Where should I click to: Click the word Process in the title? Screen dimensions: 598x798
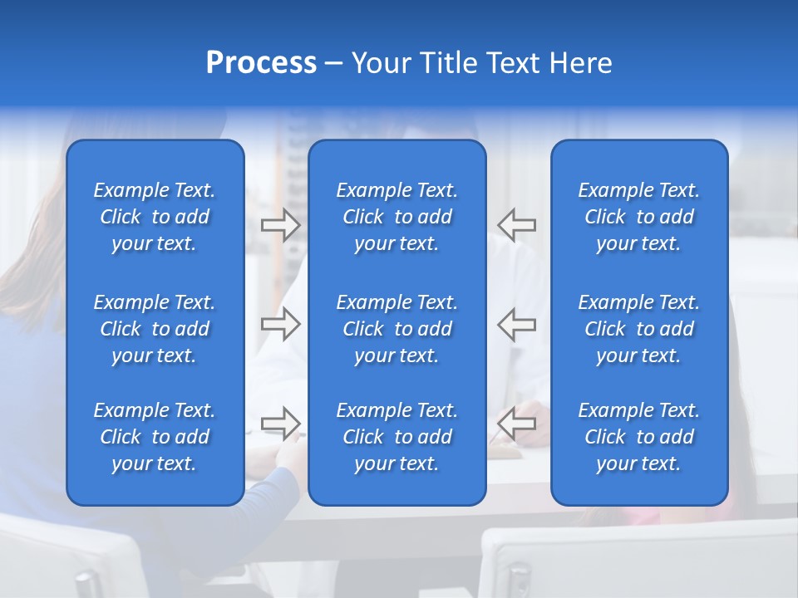coord(261,63)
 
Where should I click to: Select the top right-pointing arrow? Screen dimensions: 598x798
coord(280,225)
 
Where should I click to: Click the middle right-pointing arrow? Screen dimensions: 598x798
coord(280,324)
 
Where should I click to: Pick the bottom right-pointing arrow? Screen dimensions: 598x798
coord(280,424)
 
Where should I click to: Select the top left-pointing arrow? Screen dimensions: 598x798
coord(517,225)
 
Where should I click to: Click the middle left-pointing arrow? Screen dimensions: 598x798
coord(517,324)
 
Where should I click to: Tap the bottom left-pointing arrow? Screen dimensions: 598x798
coord(517,424)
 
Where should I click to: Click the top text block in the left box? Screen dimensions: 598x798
coord(155,217)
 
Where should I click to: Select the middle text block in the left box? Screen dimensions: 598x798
coord(155,329)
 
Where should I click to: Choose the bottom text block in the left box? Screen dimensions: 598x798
coord(155,437)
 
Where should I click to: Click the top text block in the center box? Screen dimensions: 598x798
coord(397,217)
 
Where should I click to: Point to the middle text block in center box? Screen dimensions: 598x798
coord(397,329)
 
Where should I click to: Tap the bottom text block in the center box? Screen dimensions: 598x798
coord(397,437)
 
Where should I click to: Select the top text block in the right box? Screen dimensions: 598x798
coord(638,217)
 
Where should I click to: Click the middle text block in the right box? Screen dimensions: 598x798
coord(638,329)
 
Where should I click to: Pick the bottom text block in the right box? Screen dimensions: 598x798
coord(638,437)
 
